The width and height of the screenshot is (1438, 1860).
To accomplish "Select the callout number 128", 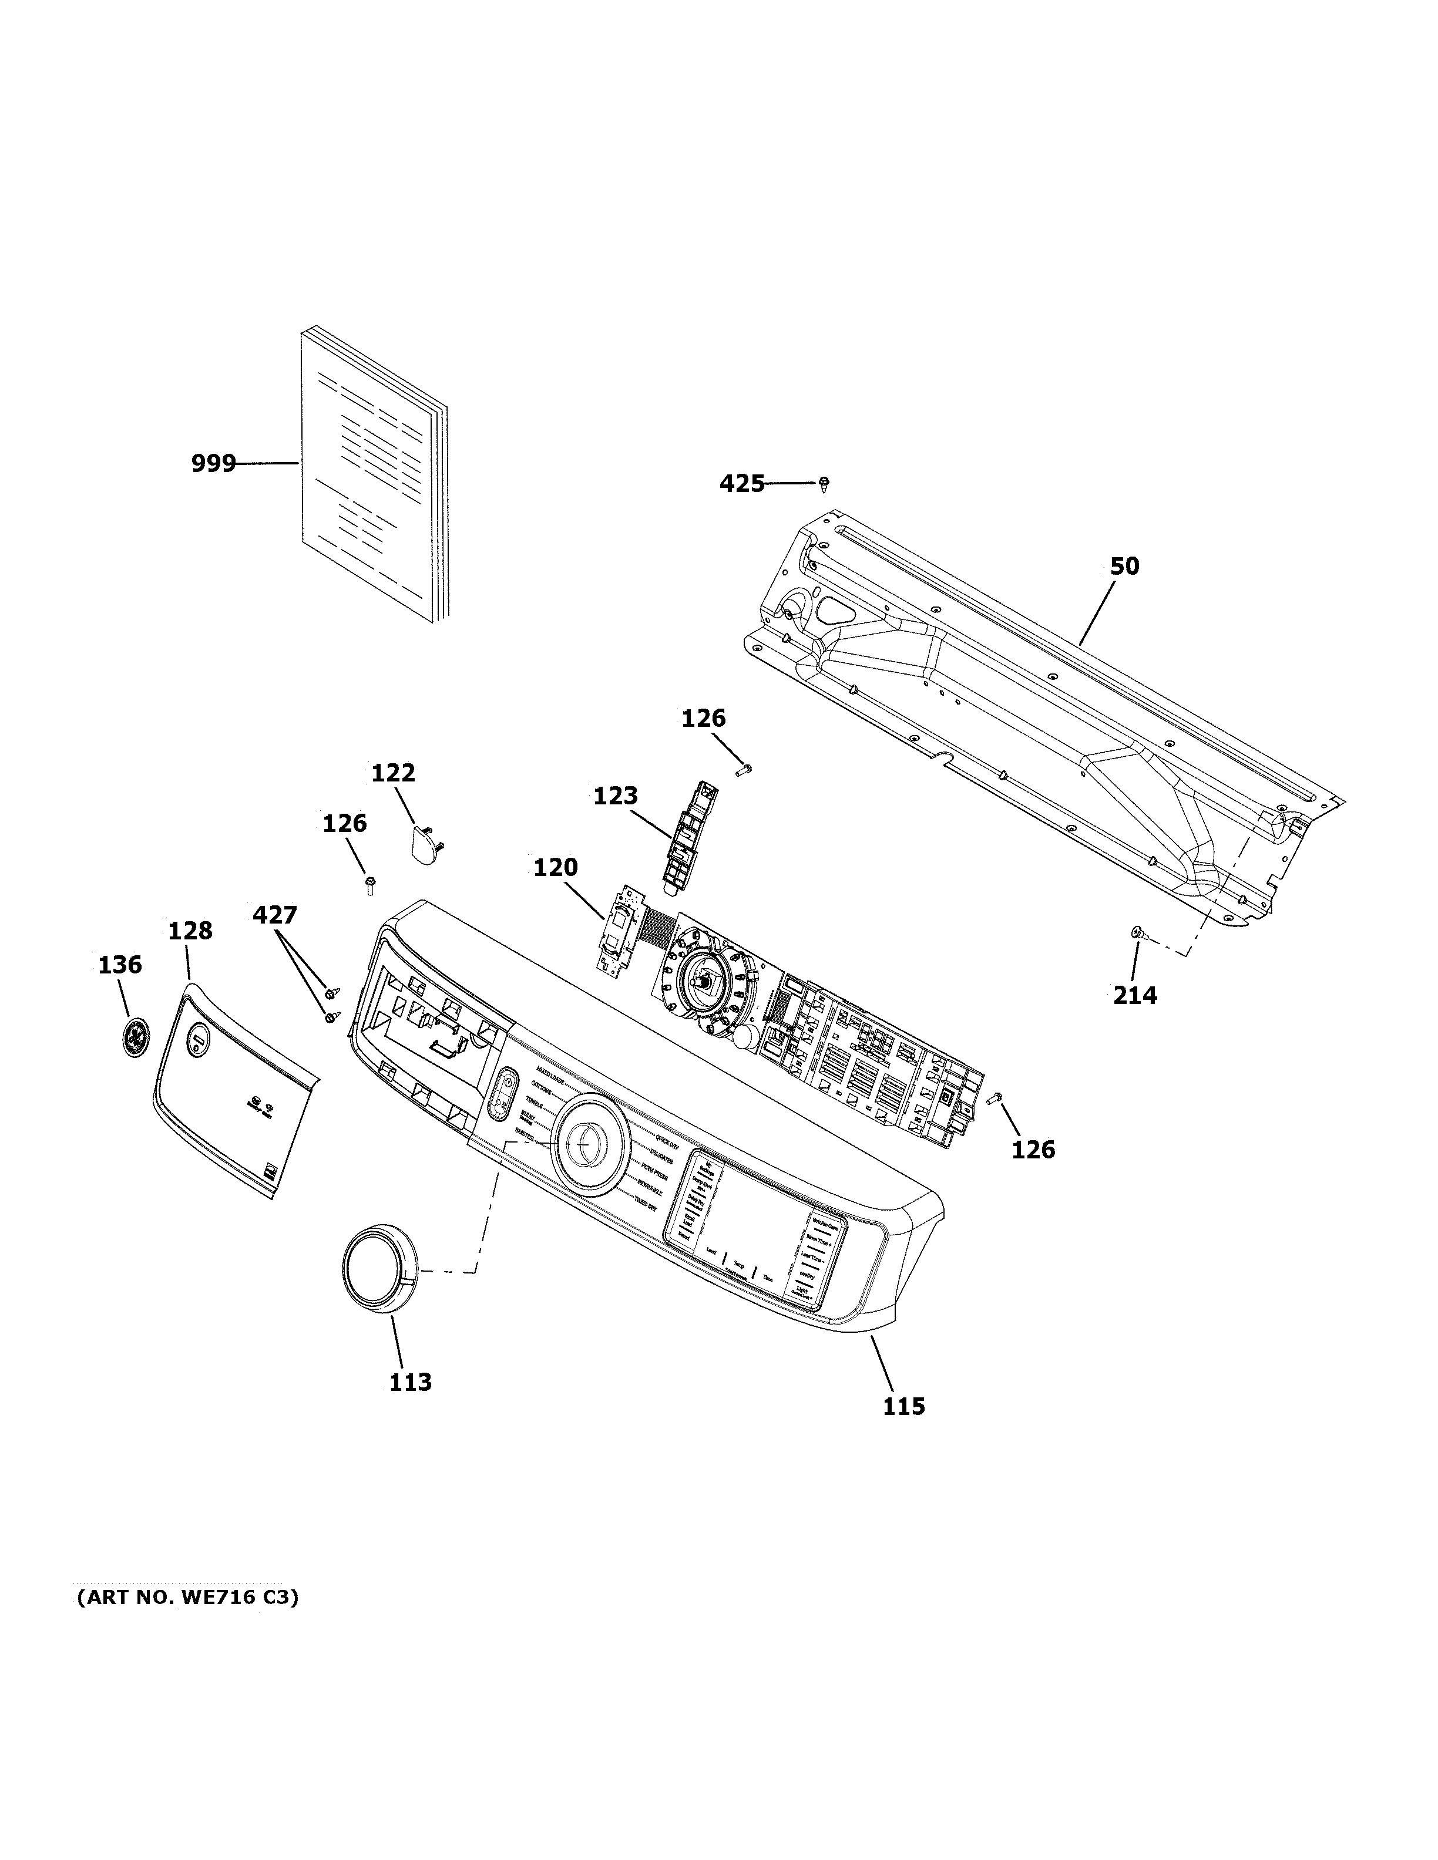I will pyautogui.click(x=189, y=931).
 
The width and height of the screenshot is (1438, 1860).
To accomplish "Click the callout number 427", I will pyautogui.click(x=274, y=915).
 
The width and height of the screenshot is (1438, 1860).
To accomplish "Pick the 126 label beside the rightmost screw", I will pyautogui.click(x=1033, y=1150).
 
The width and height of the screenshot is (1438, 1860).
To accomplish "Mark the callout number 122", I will pyautogui.click(x=393, y=773).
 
